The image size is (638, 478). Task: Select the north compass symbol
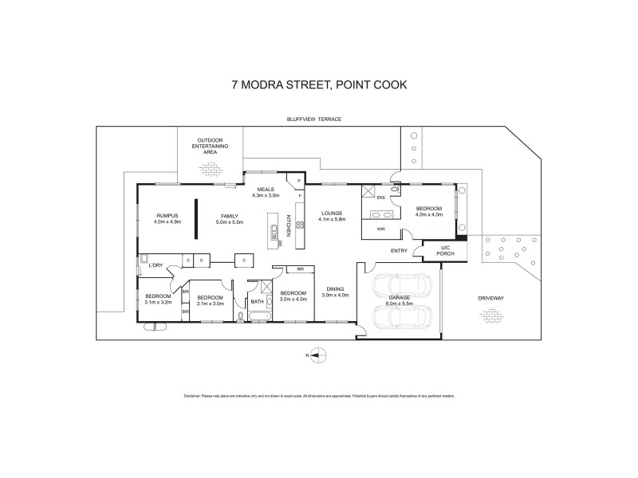(317, 355)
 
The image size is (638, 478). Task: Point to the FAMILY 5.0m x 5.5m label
(230, 218)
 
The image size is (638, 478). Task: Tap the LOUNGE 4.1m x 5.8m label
(332, 217)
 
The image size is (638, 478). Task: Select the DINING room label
(336, 292)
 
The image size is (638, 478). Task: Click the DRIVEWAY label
(492, 298)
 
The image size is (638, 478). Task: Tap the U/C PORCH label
(447, 251)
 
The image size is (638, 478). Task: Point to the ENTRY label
(400, 251)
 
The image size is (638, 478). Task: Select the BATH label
(257, 301)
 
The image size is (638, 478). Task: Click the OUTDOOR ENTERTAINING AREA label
(209, 146)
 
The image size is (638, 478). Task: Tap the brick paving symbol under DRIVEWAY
(491, 316)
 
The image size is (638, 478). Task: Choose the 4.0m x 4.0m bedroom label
(429, 212)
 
